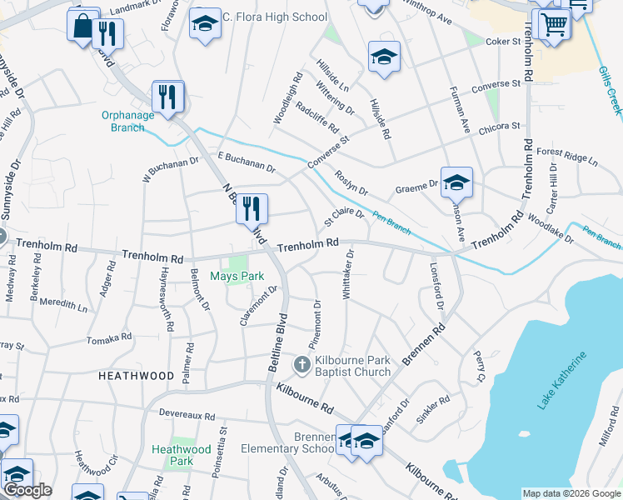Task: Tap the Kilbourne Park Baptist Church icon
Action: tap(301, 365)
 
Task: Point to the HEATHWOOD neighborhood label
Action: tap(136, 377)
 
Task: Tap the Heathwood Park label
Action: tap(172, 455)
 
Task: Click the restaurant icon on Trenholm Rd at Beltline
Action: tap(252, 208)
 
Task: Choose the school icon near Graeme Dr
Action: tap(456, 182)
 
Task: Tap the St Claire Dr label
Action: tap(344, 216)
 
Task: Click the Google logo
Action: tap(27, 490)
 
